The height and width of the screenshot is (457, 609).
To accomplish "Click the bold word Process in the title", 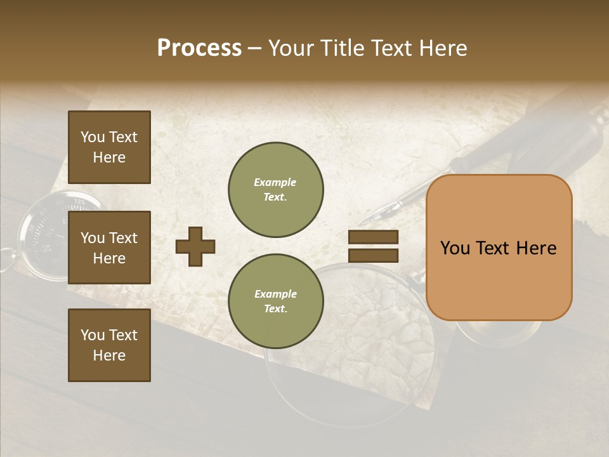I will tap(199, 48).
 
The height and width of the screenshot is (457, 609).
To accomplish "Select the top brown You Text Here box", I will tap(109, 147).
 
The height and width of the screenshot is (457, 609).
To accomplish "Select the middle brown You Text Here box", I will tap(109, 248).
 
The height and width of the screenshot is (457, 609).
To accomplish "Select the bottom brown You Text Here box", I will tap(109, 345).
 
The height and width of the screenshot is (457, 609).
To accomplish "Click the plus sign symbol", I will tap(195, 246).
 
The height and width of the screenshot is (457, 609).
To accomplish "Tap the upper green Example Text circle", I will tap(275, 190).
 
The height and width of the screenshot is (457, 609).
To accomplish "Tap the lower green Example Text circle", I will tap(275, 301).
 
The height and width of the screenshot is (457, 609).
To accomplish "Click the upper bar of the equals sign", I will tap(373, 237).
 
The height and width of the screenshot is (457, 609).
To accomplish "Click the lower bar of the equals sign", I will tap(373, 255).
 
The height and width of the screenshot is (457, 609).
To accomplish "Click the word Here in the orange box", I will tap(536, 248).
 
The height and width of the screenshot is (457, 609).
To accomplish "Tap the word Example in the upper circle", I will tap(275, 183).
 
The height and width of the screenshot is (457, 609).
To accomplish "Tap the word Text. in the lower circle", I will tap(275, 309).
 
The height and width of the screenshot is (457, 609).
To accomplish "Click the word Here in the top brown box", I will tap(109, 157).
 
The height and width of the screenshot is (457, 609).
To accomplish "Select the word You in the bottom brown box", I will tap(93, 335).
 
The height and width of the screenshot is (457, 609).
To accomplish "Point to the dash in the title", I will tap(255, 49).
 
